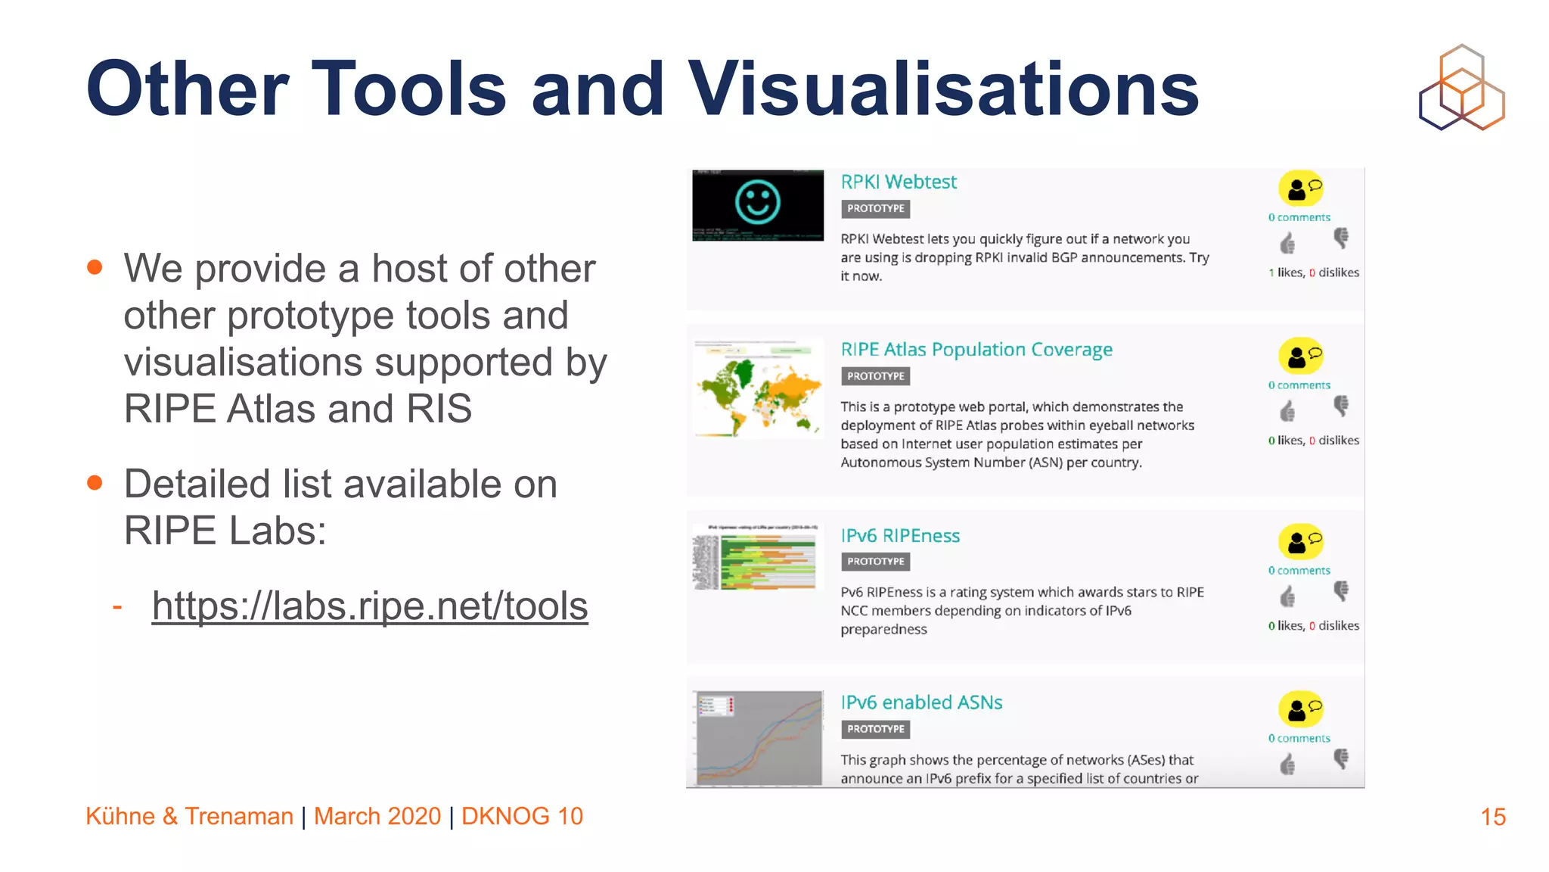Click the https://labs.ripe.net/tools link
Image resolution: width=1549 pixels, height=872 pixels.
(370, 606)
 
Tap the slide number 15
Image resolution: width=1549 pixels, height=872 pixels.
(1493, 817)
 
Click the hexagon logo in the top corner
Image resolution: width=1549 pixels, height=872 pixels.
(1461, 87)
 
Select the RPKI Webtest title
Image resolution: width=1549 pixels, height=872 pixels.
(899, 182)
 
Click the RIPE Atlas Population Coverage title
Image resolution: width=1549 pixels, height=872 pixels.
(976, 350)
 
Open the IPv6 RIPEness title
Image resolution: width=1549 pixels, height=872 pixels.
(900, 536)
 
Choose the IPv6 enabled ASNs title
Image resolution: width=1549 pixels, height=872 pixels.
(921, 702)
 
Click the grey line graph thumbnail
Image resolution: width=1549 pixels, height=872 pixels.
(758, 737)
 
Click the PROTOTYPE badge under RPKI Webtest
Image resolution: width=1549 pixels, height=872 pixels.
(875, 209)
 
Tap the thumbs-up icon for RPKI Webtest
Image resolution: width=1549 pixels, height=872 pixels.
(1287, 244)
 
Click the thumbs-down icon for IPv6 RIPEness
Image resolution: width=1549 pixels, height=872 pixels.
(1341, 591)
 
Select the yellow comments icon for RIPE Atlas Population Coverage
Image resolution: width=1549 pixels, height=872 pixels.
(1301, 356)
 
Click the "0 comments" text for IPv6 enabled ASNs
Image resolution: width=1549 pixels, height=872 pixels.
(1299, 739)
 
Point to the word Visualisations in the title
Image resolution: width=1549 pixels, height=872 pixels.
(942, 89)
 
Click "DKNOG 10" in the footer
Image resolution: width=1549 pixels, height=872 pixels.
(522, 817)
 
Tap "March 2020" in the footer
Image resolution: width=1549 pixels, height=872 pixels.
(377, 817)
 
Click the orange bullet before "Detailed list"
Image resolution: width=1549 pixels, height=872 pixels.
(95, 483)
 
